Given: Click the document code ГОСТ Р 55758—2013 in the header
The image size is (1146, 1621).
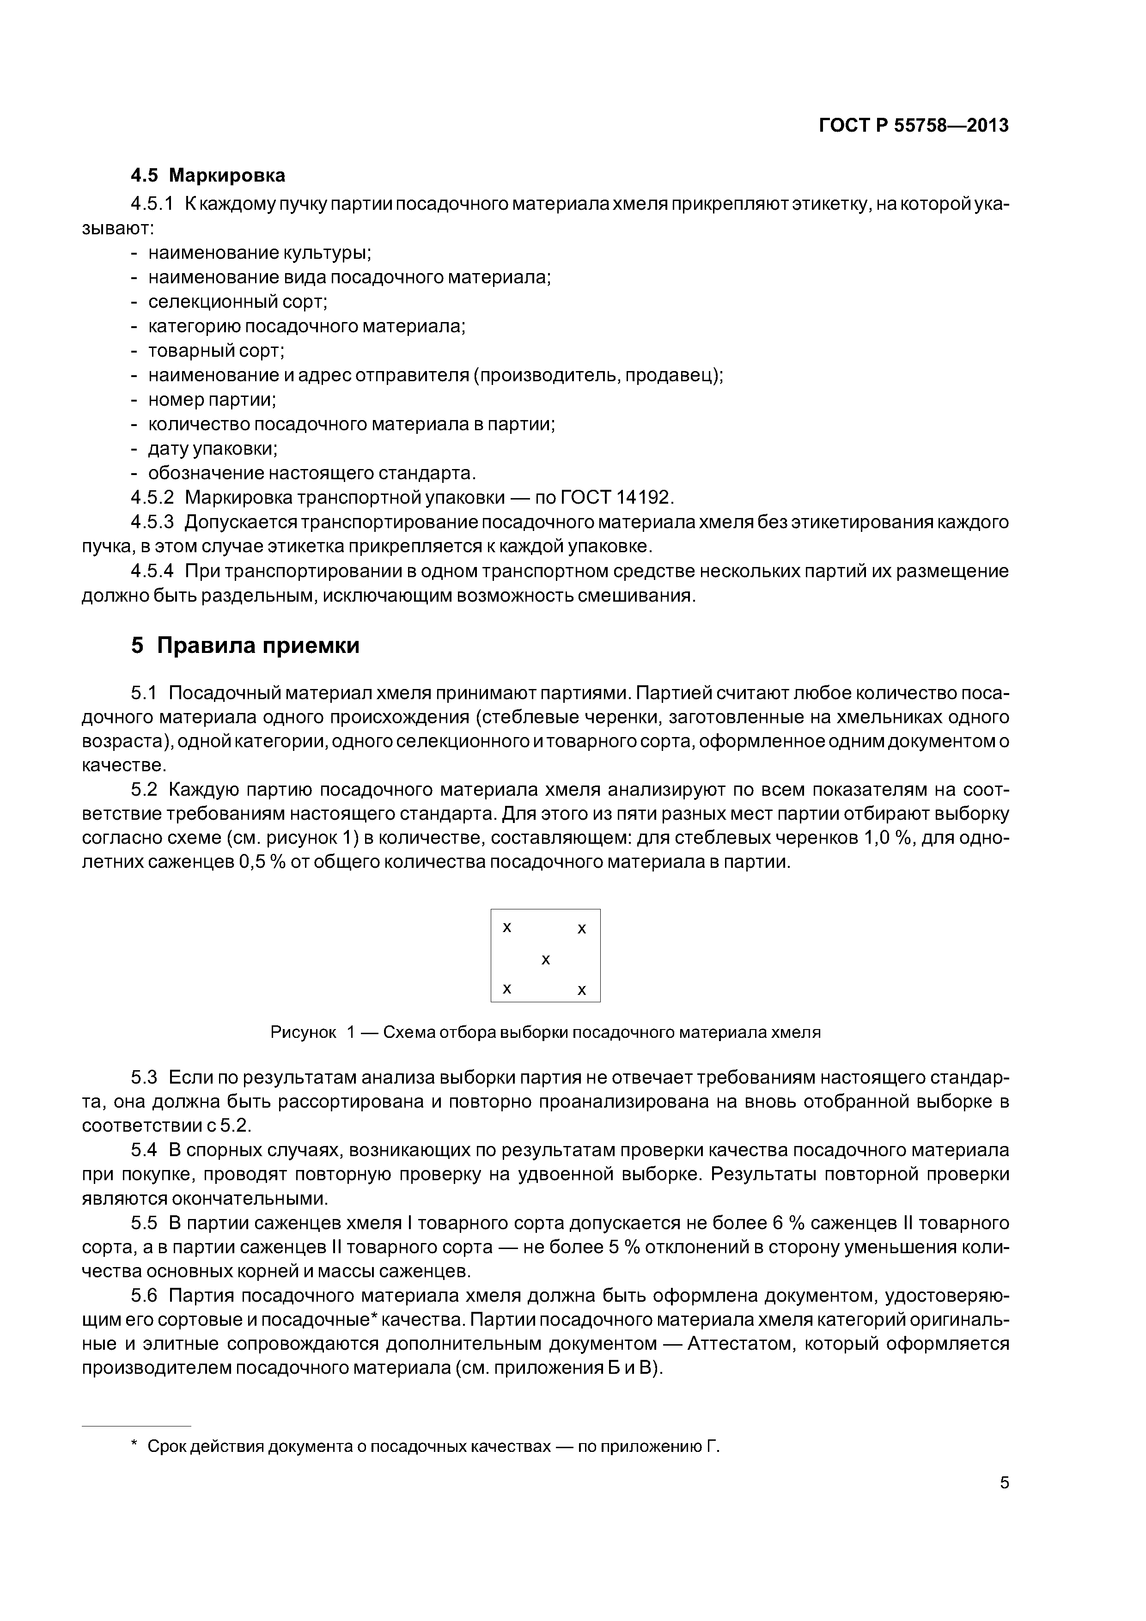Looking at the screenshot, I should coord(913,126).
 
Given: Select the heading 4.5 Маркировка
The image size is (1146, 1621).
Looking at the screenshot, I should coord(208,174).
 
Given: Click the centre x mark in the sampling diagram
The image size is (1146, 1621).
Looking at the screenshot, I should coord(545,959).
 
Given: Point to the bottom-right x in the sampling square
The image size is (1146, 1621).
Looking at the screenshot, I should coord(582,991).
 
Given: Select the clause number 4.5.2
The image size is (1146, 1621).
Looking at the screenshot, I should coord(152,497).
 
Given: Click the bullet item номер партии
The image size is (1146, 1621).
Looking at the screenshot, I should coord(212,400).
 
